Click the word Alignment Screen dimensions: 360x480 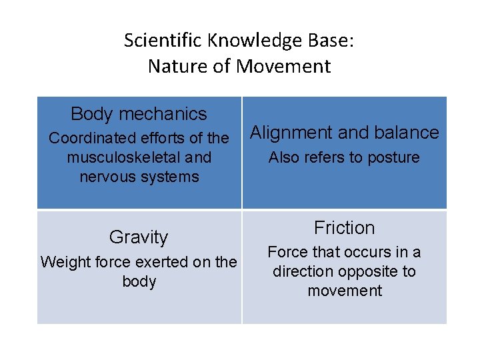click(291, 133)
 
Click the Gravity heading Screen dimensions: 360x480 click(139, 237)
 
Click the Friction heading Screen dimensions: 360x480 click(344, 228)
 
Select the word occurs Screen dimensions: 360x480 click(360, 252)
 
